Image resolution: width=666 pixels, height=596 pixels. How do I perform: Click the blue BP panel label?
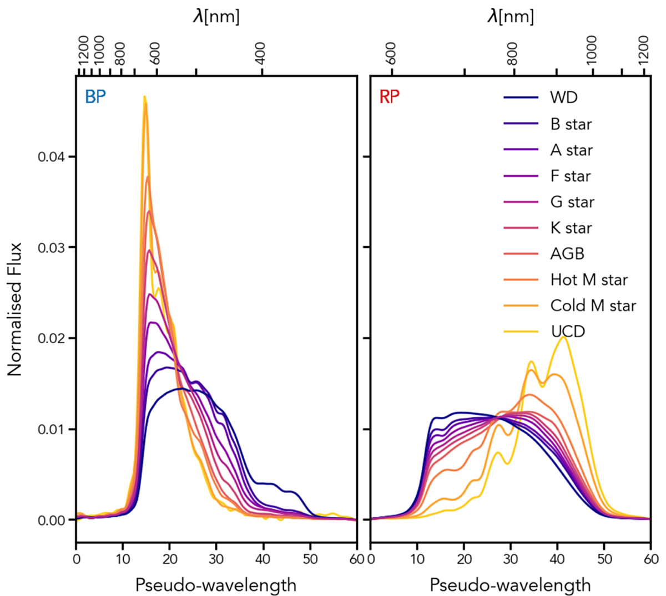click(95, 97)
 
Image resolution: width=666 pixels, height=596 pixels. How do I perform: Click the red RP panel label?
click(390, 97)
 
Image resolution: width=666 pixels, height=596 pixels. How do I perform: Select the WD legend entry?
click(563, 98)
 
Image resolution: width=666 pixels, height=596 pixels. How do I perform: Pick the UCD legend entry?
click(567, 332)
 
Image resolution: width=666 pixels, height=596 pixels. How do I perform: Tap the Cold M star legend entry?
click(593, 305)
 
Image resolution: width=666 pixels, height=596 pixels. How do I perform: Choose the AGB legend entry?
click(567, 254)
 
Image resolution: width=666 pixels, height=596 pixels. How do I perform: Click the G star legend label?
click(572, 202)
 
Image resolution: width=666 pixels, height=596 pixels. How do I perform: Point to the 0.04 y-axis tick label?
click(52, 157)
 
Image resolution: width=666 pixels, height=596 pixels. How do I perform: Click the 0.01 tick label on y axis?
click(52, 429)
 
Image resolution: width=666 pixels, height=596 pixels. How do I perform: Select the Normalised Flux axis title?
click(15, 309)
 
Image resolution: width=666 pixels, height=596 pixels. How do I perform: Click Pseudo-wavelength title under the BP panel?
click(216, 585)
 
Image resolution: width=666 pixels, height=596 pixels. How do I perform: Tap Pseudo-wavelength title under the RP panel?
click(510, 585)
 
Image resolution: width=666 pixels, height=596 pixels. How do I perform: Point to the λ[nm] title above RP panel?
click(510, 16)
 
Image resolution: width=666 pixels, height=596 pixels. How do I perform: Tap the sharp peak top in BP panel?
click(144, 97)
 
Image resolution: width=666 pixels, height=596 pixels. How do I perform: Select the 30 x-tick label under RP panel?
click(511, 558)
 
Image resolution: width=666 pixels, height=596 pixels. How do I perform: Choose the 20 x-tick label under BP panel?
click(170, 558)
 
